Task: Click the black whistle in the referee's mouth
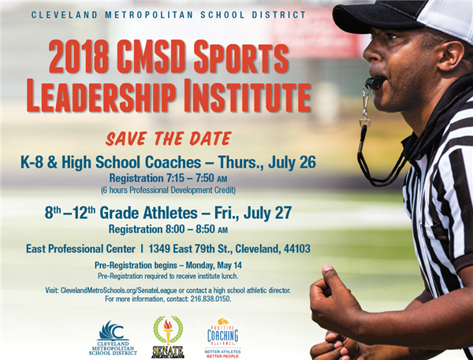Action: coord(375,82)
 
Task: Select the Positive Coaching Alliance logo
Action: coord(222,338)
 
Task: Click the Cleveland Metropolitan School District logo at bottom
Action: coord(113,338)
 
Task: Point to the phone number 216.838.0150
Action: coord(210,299)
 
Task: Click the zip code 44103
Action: coord(297,249)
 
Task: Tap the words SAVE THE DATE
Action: coord(169,139)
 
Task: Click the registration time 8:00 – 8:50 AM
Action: coord(196,229)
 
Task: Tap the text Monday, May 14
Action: coord(214,265)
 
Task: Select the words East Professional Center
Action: coord(80,249)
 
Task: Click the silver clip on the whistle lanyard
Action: coord(365,108)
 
